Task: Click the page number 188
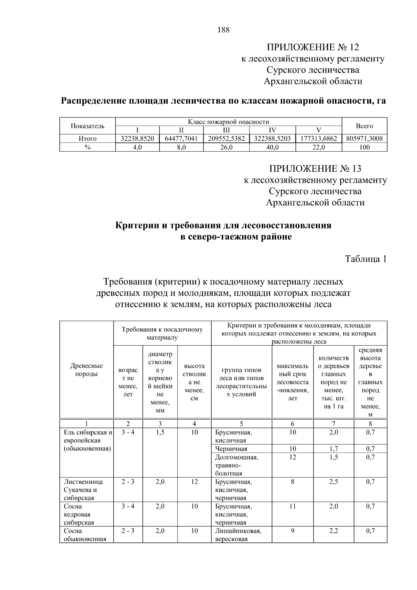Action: [223, 30]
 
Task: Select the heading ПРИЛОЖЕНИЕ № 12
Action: [313, 47]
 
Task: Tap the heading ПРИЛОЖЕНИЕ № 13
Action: [315, 169]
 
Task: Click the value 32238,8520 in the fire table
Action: [137, 139]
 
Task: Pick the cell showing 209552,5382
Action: [226, 139]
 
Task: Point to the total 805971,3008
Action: [364, 139]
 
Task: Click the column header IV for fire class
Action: [272, 130]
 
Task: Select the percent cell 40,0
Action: [272, 147]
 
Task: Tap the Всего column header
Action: [364, 126]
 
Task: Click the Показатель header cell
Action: [88, 126]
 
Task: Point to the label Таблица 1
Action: [366, 259]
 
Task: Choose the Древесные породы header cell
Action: [87, 370]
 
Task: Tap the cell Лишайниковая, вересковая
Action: [238, 535]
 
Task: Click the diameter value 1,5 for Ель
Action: [160, 433]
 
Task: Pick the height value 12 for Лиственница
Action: [194, 482]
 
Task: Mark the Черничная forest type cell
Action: [231, 449]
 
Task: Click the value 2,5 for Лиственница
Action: [334, 482]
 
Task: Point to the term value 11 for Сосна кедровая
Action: [293, 507]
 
